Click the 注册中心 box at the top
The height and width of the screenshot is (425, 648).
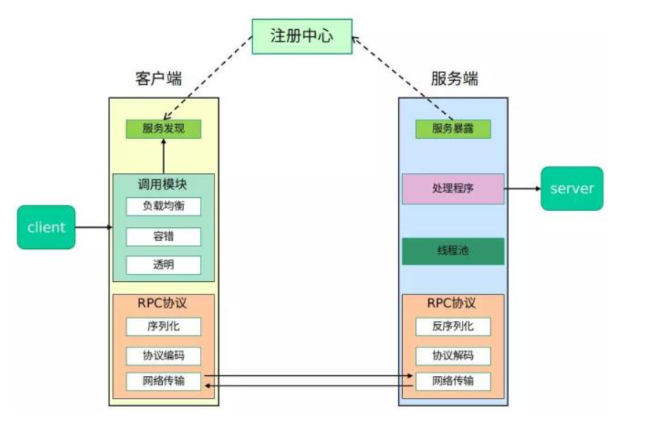[301, 36]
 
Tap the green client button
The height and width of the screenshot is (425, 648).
[46, 227]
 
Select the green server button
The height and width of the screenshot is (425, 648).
[572, 188]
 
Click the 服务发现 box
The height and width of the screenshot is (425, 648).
[163, 129]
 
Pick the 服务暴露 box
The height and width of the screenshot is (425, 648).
[452, 129]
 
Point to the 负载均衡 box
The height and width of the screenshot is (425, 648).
[163, 207]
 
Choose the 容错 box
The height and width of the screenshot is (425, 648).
[163, 236]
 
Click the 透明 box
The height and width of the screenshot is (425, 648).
[163, 264]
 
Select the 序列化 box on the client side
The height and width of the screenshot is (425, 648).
[163, 326]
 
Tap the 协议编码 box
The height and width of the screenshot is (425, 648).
[163, 356]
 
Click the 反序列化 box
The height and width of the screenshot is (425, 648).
[452, 326]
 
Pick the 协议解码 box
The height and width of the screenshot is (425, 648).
[452, 356]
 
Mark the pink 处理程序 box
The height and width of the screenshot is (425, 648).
[452, 188]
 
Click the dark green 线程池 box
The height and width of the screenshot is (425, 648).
[452, 251]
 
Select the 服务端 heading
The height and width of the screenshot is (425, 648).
[454, 79]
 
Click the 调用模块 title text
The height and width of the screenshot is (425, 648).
[163, 184]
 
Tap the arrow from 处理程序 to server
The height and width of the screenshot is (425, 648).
[522, 188]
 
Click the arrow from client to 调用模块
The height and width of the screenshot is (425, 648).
[93, 227]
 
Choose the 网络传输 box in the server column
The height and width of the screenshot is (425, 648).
[452, 381]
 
